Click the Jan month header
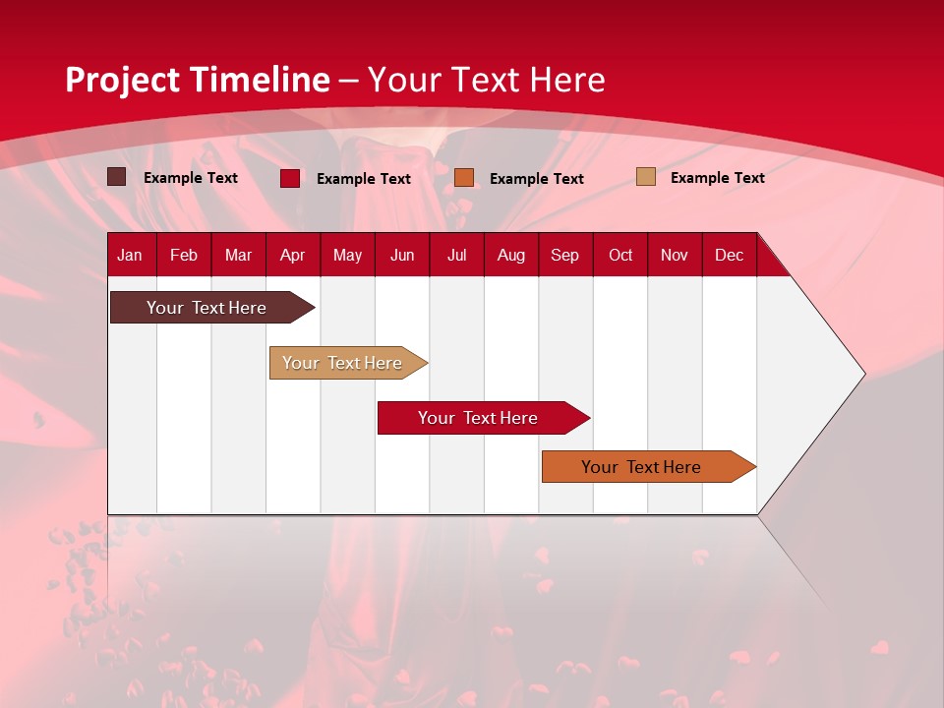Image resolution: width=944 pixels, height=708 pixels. point(130,255)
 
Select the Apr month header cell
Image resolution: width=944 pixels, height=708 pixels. point(292,255)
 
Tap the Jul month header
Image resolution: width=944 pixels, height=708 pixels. point(456,255)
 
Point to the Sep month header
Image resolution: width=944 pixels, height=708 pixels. point(564,255)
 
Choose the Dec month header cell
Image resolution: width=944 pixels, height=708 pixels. point(729,255)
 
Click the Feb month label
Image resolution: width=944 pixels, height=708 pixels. point(184,255)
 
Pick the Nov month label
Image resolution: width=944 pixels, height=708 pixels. point(674,255)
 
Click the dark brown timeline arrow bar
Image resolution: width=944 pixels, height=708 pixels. point(206,308)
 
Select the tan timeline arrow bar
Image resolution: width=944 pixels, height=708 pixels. point(342,363)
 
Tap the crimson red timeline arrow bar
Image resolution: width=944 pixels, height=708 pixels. point(478,418)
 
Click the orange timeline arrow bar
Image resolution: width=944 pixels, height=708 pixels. point(641,467)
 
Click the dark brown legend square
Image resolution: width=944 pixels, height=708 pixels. point(117,177)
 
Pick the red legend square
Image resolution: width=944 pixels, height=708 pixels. point(290,178)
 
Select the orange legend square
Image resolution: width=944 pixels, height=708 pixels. point(464,177)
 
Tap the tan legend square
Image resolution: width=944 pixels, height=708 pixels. point(646,177)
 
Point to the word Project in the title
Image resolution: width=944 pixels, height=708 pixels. point(122,80)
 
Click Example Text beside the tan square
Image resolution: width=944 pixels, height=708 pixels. point(717,178)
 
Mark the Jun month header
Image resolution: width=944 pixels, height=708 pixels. point(402,255)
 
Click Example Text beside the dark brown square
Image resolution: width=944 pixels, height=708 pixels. point(191,178)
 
